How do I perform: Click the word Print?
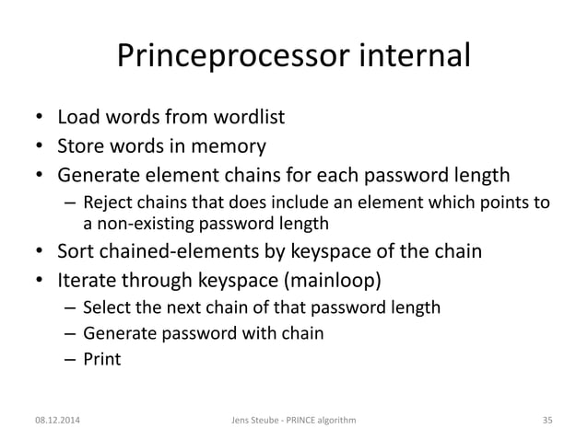click(x=101, y=359)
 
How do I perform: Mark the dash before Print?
click(x=69, y=359)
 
